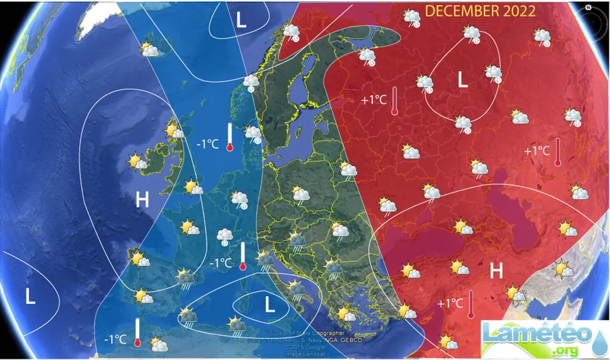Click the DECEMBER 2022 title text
pos(480,12)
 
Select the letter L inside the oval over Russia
pos(462,81)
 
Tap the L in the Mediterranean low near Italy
pos(270,305)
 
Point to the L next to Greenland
pos(241,20)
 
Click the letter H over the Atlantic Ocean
pos(142,200)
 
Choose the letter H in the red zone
pos(496,271)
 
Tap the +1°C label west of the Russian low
pos(373,100)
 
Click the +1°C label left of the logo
pos(450,303)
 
